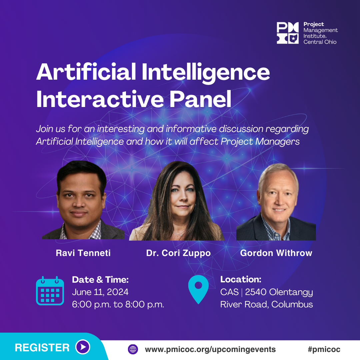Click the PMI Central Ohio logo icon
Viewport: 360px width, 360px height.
point(287,33)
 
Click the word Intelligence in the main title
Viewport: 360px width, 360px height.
point(206,72)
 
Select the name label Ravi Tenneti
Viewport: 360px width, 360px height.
point(83,253)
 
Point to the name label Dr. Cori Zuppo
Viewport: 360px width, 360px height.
point(178,253)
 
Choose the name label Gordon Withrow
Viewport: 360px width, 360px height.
point(276,253)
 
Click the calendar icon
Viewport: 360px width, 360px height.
point(50,291)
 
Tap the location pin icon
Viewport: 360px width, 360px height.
point(198,289)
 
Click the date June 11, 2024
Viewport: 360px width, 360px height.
point(100,292)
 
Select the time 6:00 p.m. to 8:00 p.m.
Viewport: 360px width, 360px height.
point(118,304)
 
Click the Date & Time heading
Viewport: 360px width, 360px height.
point(100,279)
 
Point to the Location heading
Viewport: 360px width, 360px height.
point(241,279)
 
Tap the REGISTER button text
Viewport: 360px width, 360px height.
point(42,348)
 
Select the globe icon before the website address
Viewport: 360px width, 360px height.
point(133,349)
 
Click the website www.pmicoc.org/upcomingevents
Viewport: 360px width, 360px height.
point(210,349)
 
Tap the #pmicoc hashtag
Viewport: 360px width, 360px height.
point(324,349)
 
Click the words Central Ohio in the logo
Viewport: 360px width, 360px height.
point(320,42)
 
